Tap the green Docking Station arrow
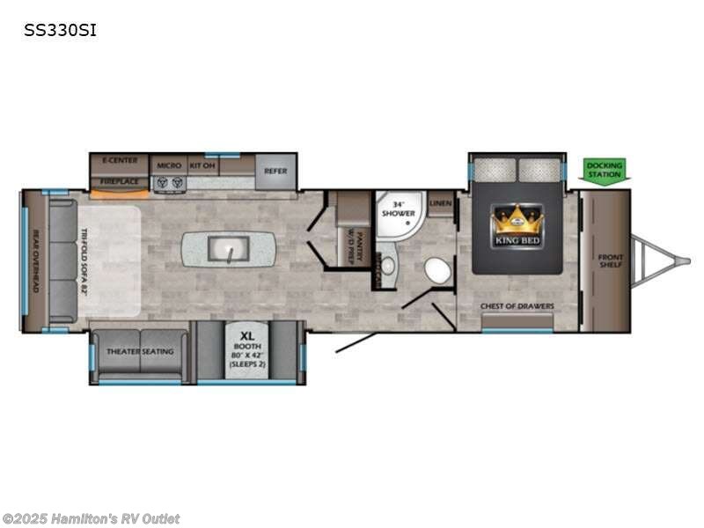[604, 170]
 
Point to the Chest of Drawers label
[517, 306]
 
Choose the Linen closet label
[441, 204]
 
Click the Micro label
[168, 165]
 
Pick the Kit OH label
[202, 165]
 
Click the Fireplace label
[119, 182]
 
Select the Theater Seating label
[141, 351]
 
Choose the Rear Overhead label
[36, 260]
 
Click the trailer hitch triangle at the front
[654, 260]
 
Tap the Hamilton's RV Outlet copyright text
[92, 519]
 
